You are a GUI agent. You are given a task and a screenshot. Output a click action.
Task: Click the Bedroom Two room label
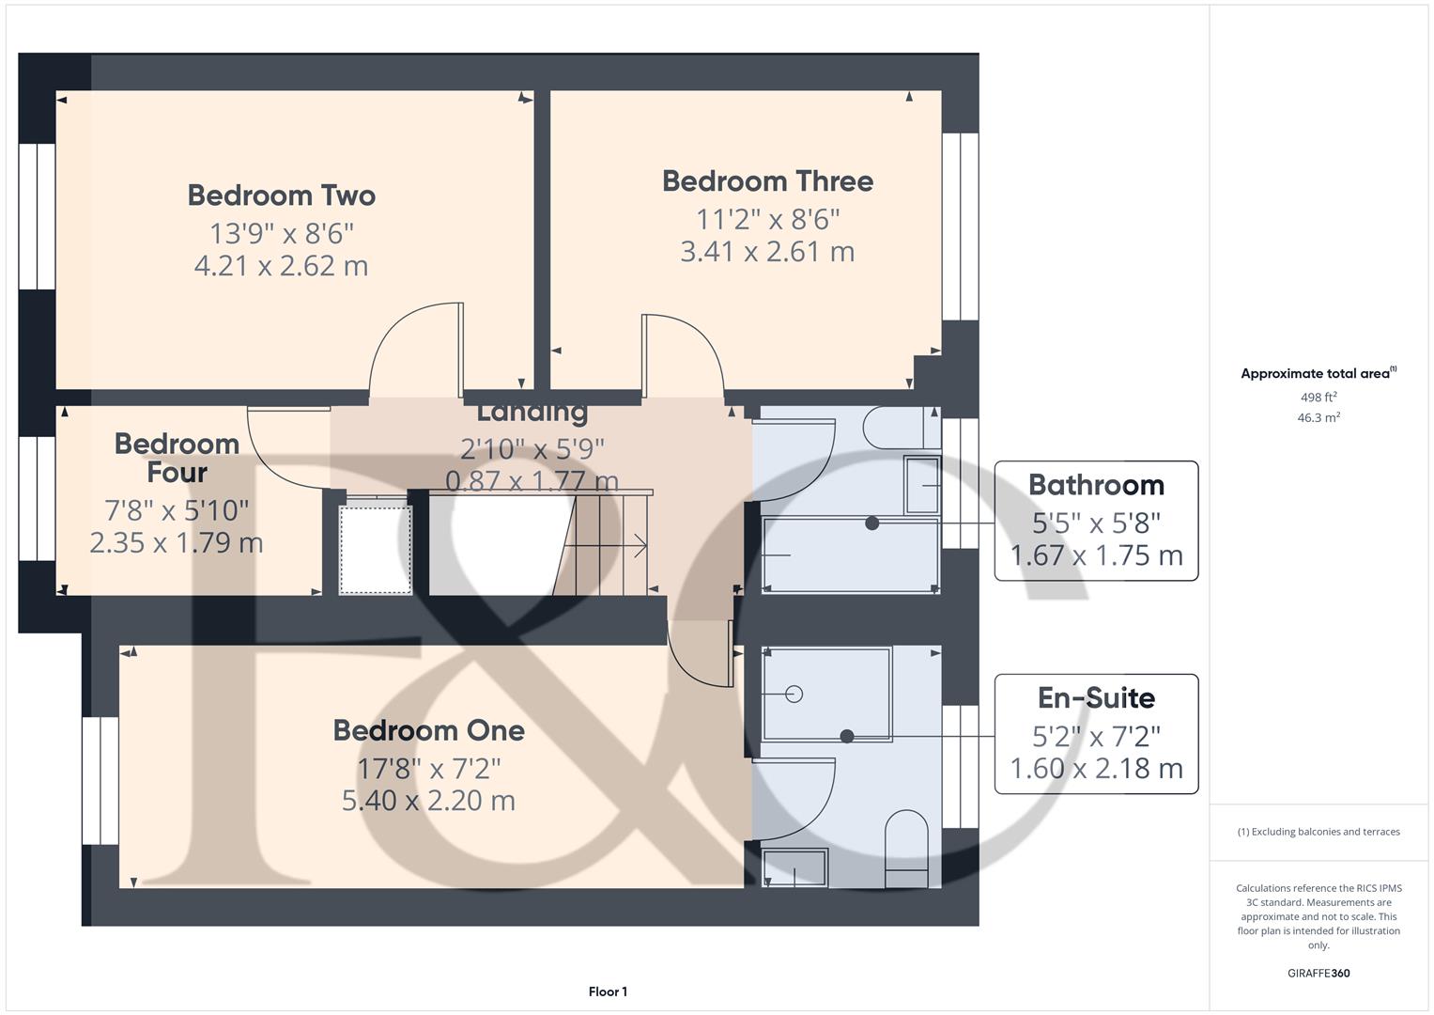point(282,195)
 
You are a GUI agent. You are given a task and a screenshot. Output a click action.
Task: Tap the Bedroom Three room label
point(767,181)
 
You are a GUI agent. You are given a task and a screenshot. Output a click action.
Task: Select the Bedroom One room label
point(428,730)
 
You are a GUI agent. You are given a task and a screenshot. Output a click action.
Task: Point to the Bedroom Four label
point(177,458)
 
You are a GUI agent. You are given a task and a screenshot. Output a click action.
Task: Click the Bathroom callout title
point(1096,485)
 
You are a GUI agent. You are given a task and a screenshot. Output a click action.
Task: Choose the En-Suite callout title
point(1096,698)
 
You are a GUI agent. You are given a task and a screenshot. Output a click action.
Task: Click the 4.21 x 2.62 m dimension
point(281,266)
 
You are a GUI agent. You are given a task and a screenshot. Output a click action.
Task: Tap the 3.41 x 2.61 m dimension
point(767,252)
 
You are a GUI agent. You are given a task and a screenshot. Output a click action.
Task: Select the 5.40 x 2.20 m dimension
point(428,801)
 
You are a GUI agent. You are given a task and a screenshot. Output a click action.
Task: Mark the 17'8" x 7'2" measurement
point(428,768)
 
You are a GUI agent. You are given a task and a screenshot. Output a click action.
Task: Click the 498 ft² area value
point(1318,398)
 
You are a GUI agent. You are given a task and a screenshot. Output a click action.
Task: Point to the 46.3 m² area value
point(1318,418)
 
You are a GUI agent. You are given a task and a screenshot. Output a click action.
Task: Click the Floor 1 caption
point(608,992)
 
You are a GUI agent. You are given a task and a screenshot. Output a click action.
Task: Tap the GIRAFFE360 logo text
point(1318,973)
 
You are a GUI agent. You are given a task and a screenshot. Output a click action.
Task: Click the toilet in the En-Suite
point(907,846)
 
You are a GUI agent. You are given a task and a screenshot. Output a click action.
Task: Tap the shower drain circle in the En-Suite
point(794,695)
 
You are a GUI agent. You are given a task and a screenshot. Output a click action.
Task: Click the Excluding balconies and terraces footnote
point(1318,832)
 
